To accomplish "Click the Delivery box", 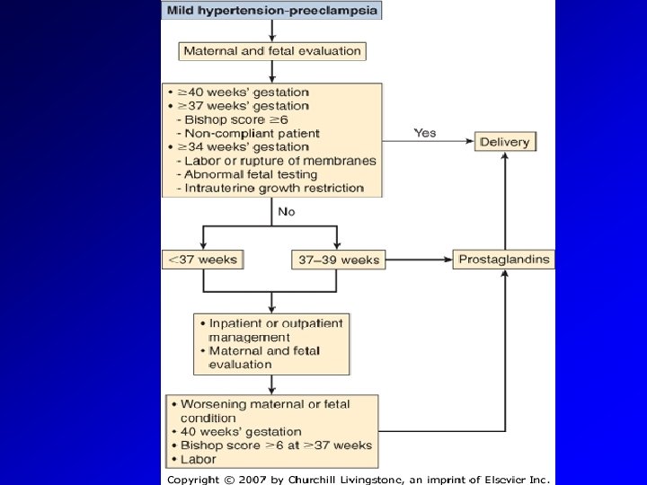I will click(505, 142).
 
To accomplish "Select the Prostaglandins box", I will click(503, 260).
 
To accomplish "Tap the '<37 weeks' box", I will click(202, 260).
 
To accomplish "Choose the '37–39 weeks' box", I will click(338, 260).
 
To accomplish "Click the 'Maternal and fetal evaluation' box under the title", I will click(272, 51).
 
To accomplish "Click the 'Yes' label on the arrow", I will click(424, 133).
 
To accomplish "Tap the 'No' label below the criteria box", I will click(286, 213).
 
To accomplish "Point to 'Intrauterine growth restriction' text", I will click(273, 189).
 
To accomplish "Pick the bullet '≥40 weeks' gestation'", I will click(243, 93).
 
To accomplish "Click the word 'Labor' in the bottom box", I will click(198, 459).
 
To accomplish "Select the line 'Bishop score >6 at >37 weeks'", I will click(276, 445).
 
